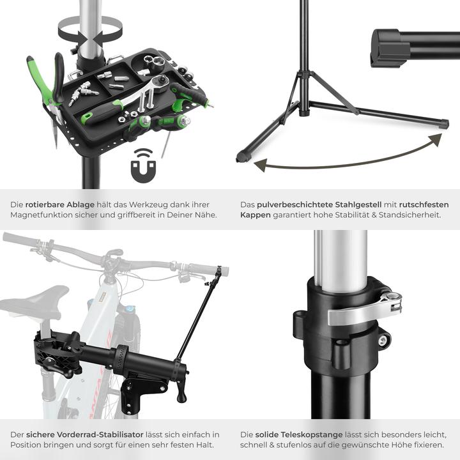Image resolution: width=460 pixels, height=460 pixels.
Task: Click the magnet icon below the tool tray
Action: click(x=142, y=166)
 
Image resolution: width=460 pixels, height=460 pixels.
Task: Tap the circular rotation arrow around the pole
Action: click(x=89, y=29)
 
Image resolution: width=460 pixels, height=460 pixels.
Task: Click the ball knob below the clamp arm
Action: click(x=181, y=397)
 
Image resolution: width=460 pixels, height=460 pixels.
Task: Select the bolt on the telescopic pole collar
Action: click(x=382, y=341)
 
